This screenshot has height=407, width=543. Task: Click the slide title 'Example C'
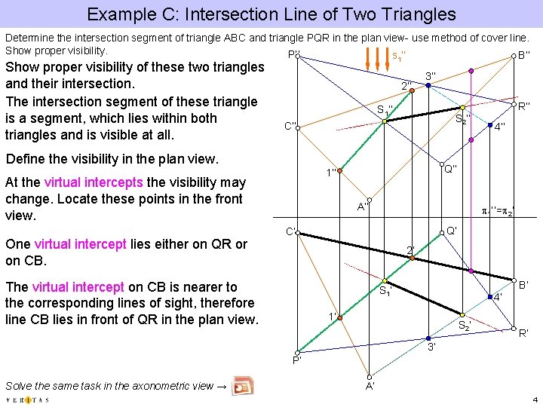tap(271, 14)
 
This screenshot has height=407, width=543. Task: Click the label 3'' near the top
tap(431, 75)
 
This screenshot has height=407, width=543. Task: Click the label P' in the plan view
tap(296, 360)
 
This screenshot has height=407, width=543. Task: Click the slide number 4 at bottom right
tap(534, 399)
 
